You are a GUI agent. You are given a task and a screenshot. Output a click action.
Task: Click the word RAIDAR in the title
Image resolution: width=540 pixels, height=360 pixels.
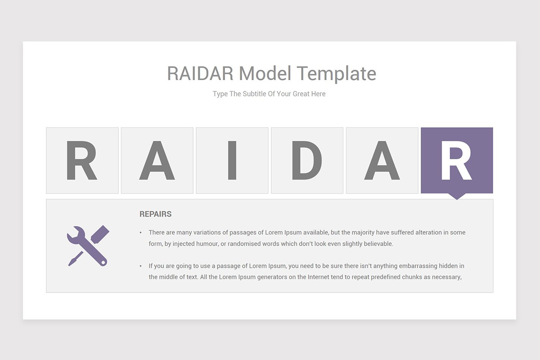(200, 73)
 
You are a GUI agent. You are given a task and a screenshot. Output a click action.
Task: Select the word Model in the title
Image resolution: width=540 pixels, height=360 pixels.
(265, 73)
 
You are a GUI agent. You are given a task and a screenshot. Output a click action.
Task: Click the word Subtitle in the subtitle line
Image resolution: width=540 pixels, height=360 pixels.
(254, 94)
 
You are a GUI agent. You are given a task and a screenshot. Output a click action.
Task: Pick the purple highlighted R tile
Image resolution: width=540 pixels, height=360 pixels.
(457, 160)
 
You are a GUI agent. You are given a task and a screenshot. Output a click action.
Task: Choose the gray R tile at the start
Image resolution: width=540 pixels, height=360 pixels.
(82, 160)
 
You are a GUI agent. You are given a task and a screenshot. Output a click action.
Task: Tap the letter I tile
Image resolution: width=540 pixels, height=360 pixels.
(232, 160)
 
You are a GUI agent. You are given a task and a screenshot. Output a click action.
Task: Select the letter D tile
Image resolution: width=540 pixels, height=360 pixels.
(307, 160)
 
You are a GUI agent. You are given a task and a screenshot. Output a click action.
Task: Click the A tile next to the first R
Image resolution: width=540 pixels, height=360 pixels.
(157, 160)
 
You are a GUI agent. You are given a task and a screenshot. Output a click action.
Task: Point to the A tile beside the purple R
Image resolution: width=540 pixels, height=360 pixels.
(382, 160)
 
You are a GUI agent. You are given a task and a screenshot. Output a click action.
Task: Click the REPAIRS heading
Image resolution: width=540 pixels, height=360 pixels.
(156, 214)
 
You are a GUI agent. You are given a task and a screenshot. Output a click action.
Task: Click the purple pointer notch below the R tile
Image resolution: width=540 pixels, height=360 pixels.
(457, 196)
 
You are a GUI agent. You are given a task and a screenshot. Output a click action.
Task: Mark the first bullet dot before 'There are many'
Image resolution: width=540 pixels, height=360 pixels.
(140, 233)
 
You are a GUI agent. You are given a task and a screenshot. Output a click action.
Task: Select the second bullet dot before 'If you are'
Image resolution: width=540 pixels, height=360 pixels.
(140, 266)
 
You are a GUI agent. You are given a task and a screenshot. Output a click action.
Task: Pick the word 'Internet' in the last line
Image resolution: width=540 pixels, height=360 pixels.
(318, 277)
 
